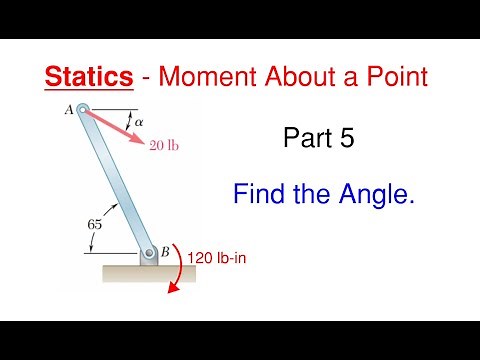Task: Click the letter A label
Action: pyautogui.click(x=69, y=111)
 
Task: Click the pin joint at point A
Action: pyautogui.click(x=83, y=111)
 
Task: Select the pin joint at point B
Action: pyautogui.click(x=148, y=254)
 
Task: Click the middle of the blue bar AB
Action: pyautogui.click(x=115, y=182)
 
